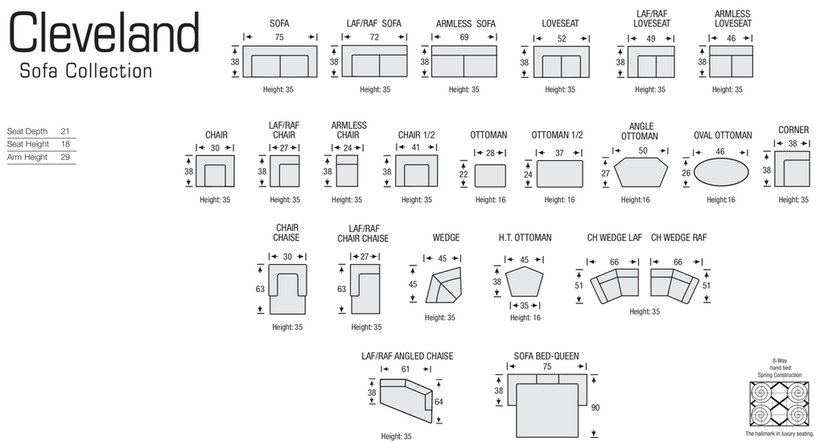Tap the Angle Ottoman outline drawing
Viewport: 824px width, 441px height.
(641, 172)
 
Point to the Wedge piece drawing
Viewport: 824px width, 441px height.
(446, 285)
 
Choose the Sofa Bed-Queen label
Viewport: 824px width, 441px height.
(546, 356)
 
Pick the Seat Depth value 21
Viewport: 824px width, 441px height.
(65, 130)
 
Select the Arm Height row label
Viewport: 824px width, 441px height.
(27, 158)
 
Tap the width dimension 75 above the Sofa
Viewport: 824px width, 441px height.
(279, 37)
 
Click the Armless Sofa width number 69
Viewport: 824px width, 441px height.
(464, 37)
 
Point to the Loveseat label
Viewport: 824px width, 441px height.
(560, 24)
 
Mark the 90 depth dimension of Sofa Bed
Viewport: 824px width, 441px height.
(595, 408)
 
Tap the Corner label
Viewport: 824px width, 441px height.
(793, 130)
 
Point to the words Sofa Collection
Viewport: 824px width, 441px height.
(85, 71)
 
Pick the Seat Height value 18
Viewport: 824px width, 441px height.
(65, 144)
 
